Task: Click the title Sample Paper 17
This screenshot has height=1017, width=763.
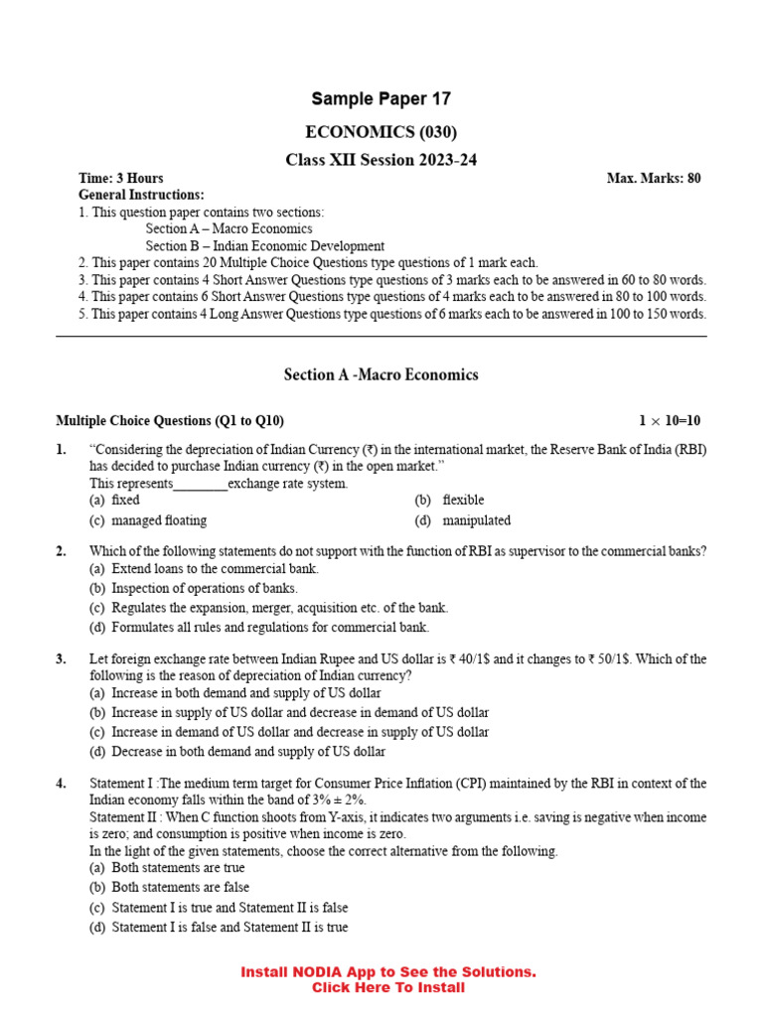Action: tap(381, 98)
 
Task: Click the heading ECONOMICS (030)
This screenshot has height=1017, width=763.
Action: tap(381, 132)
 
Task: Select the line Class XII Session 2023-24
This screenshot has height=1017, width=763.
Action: tap(381, 160)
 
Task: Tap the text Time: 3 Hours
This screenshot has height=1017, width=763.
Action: tap(121, 179)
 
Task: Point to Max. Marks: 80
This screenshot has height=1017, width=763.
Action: tap(653, 179)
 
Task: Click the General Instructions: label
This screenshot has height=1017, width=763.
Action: tap(141, 195)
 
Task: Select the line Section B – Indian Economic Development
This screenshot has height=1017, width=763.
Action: tap(264, 246)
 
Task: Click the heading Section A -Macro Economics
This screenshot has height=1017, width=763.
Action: tap(381, 374)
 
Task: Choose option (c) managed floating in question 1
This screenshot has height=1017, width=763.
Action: tap(148, 520)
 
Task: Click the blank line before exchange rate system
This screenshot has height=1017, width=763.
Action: tap(201, 485)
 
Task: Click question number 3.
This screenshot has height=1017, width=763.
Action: tap(62, 658)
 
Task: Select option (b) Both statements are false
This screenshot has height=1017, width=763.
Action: tap(169, 887)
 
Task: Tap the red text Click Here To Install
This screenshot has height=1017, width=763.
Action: tap(387, 987)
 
